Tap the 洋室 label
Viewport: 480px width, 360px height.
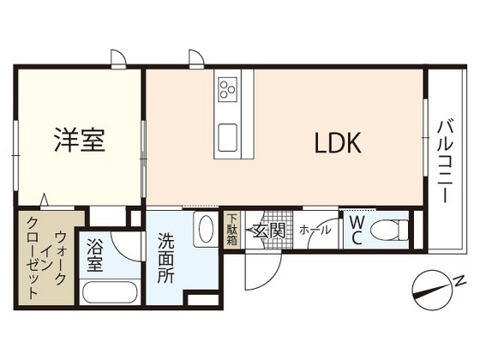click(x=81, y=140)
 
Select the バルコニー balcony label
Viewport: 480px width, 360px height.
click(x=445, y=159)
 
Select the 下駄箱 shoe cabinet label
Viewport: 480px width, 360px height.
click(x=232, y=230)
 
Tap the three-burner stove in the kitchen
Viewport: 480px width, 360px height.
click(x=228, y=89)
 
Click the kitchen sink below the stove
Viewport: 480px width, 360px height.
click(x=228, y=136)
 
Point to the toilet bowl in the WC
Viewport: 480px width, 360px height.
click(x=392, y=231)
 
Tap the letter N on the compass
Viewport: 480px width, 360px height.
click(x=459, y=280)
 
